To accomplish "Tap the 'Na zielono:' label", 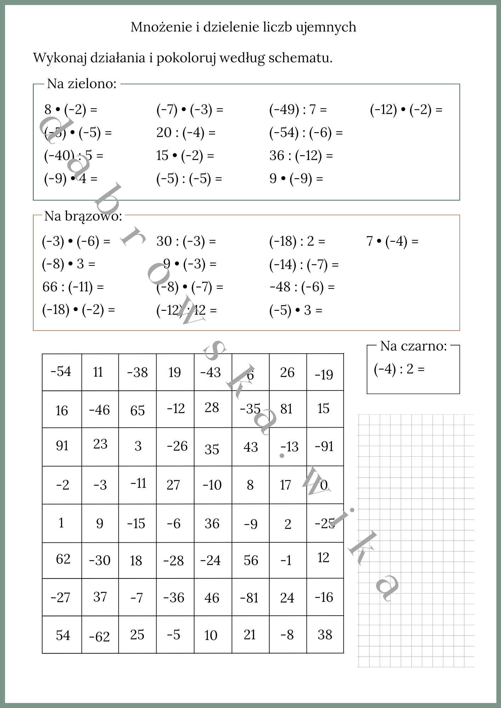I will point(82,84).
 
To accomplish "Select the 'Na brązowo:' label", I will point(83,216).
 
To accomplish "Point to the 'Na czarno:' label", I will point(413,346).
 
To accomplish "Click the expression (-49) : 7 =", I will point(298,110).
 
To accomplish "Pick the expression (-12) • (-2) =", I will point(406,110).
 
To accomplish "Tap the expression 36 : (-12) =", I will point(301,155).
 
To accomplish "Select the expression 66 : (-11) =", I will point(73,287).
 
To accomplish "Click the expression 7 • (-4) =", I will point(392,241).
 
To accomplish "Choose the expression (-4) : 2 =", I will point(399,369).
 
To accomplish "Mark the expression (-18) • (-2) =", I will point(78,310).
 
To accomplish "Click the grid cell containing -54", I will point(62,372).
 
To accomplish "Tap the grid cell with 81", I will point(287,409).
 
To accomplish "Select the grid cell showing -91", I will point(325,447).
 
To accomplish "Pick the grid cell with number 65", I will point(137,409).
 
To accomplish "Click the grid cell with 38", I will point(325,635).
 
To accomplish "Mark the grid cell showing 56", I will point(251,560).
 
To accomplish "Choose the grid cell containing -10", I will point(212,485).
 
